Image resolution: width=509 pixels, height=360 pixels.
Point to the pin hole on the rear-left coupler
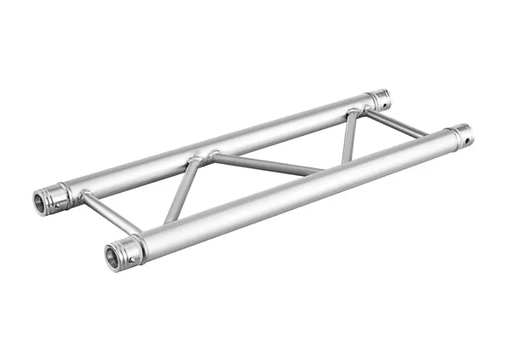click(57, 205)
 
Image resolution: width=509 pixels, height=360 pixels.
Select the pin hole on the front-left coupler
click(132, 259)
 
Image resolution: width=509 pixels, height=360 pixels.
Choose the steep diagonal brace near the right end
click(349, 137)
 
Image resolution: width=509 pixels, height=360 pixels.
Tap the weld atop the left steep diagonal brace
click(193, 159)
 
